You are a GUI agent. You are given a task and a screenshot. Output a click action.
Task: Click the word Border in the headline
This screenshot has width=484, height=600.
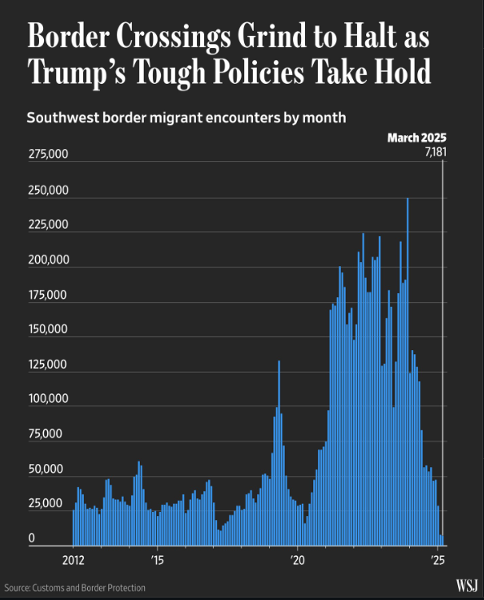tap(68, 36)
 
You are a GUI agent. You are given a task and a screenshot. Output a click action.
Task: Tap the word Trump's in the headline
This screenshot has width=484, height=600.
tap(76, 72)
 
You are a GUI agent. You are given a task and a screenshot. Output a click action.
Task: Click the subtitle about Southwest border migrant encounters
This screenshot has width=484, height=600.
tap(186, 117)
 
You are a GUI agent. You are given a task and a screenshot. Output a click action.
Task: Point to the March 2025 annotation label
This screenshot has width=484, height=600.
tap(416, 138)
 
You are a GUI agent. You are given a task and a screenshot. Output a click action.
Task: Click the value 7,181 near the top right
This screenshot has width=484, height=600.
tap(436, 152)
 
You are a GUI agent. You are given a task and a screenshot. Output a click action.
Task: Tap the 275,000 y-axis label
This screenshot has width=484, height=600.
tap(48, 154)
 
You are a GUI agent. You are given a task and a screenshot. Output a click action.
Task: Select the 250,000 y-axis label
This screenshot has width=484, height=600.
tap(48, 191)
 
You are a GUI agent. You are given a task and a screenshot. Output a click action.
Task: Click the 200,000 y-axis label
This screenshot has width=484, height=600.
tap(49, 260)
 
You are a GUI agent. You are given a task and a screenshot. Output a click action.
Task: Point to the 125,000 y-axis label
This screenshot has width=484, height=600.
tap(48, 364)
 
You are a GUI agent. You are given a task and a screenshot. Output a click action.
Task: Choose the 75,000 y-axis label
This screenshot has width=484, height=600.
tap(45, 434)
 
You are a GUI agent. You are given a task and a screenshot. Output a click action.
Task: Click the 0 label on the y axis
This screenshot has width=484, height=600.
tap(32, 538)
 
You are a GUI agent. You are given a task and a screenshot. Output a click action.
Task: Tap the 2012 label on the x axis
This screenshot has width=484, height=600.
tap(73, 561)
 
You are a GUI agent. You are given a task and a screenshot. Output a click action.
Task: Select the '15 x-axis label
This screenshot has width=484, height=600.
tap(157, 561)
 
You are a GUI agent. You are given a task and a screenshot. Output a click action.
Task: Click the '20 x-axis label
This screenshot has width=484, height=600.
tap(298, 561)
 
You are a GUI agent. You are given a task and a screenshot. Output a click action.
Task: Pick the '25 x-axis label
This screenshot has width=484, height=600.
tap(438, 561)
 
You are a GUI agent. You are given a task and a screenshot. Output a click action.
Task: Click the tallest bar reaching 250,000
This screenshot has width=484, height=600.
tap(408, 371)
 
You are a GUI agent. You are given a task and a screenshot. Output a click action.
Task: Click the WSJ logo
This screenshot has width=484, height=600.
tap(467, 585)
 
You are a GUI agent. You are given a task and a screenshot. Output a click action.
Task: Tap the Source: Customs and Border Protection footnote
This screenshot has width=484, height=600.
tap(75, 588)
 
